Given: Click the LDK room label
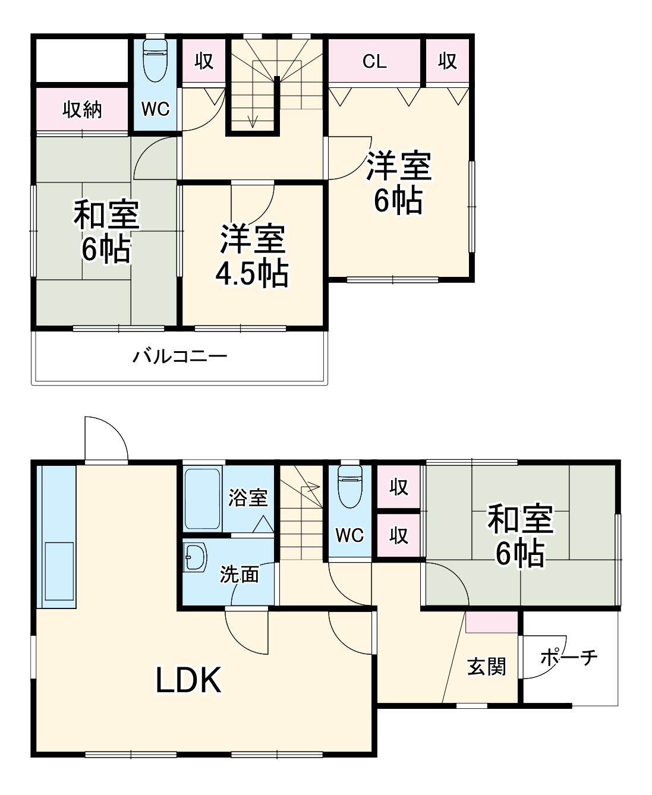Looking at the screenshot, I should click(188, 680).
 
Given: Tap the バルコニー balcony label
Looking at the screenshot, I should click(179, 357).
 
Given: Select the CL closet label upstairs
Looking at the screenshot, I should click(374, 61).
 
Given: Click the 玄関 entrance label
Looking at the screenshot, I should click(486, 667).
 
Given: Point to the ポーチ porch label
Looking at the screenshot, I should click(569, 657).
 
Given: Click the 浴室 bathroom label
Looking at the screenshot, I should click(248, 497).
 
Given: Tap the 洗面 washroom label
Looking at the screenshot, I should click(240, 574).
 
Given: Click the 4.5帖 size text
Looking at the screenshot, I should click(252, 274).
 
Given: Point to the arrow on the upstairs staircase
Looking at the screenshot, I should click(253, 119).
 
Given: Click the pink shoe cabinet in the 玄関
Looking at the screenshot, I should click(491, 622).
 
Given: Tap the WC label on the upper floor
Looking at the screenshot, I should click(155, 109).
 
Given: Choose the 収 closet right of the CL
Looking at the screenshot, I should click(448, 61).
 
